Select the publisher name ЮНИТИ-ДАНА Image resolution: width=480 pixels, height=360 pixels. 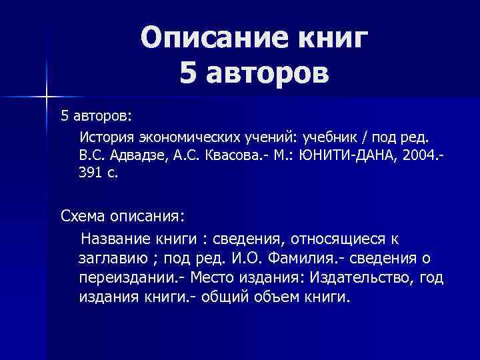tap(354, 155)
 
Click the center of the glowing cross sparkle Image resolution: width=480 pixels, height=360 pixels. tap(47, 97)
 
